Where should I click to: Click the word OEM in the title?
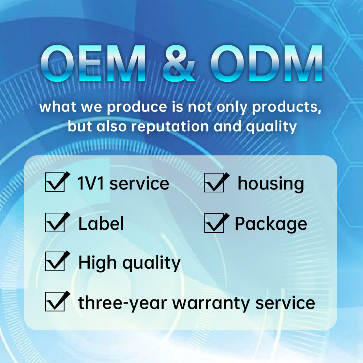93,64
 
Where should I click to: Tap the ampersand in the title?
179,64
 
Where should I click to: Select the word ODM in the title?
266,64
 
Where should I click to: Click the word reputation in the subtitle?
170,127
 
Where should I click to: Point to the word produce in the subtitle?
137,107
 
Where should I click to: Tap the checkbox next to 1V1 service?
55,183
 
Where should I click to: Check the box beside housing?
214,183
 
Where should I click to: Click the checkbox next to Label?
55,223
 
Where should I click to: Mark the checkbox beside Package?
214,223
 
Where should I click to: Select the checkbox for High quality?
55,261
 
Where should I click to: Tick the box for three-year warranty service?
55,301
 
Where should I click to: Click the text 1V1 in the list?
90,183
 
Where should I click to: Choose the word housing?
271,184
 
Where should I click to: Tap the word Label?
101,223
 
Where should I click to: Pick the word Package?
271,224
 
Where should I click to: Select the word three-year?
122,303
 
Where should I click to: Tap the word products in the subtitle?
287,107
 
